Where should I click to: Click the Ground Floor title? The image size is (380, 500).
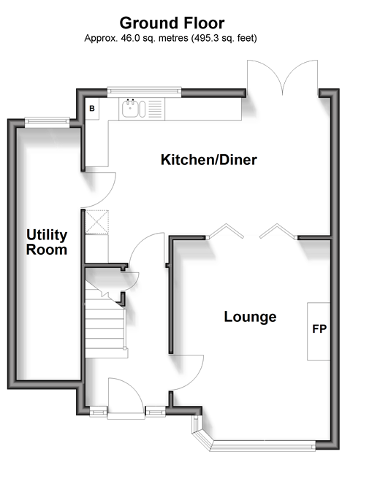coord(172,23)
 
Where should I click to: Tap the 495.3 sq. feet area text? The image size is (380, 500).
coord(224,38)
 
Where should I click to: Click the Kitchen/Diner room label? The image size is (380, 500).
coord(209,160)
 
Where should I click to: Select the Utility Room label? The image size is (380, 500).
coord(47,242)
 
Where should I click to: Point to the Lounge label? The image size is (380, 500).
coord(251,317)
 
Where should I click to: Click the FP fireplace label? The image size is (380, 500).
coord(319,329)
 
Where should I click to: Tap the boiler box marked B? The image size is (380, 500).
coord(92,109)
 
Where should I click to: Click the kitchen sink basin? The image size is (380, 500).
coord(131,108)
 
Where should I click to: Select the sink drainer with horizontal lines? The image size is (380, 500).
coord(156,109)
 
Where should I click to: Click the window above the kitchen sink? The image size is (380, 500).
coord(144,91)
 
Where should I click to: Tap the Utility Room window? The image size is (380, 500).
coord(47,122)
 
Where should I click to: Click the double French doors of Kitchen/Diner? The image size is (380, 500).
coord(282,77)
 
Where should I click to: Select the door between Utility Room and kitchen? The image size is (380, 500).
coord(99,190)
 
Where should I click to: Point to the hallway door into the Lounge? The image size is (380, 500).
coord(188,372)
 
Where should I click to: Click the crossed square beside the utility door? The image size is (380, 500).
coord(96,222)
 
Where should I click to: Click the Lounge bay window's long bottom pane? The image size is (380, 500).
coord(262,446)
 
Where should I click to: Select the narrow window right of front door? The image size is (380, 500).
coord(155,412)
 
